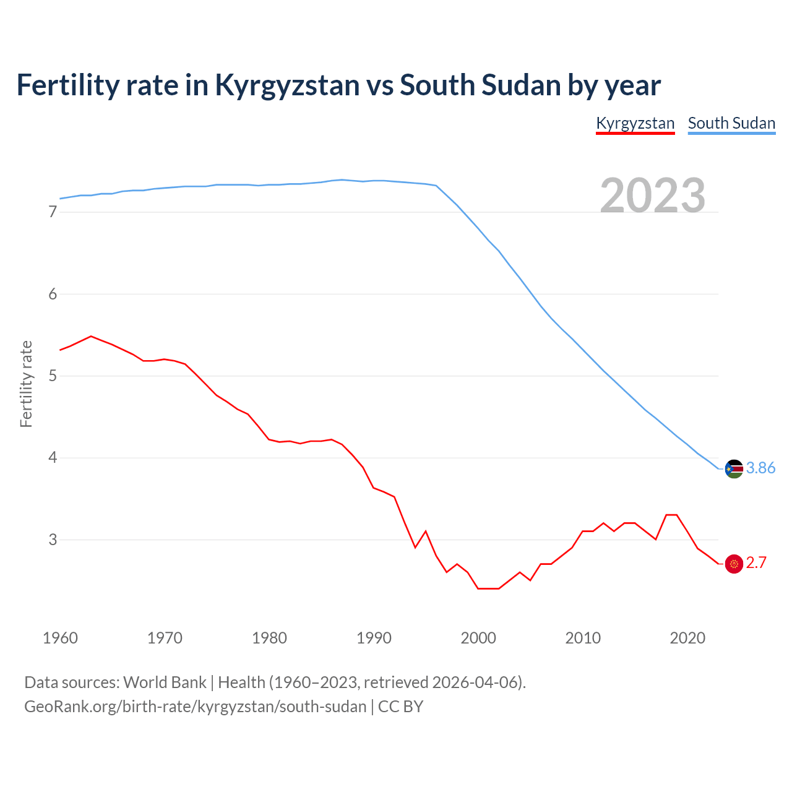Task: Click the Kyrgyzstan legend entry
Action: (635, 123)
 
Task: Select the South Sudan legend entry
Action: (731, 123)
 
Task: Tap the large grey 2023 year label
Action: (653, 196)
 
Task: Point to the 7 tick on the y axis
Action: (53, 212)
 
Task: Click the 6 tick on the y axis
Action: (53, 294)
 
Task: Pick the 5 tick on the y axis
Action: (53, 376)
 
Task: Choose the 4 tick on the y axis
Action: (53, 458)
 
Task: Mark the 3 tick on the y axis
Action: (53, 540)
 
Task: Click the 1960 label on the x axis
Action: (60, 638)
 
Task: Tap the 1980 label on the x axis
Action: (269, 638)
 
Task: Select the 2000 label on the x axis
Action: (478, 638)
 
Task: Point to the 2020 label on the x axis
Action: (687, 638)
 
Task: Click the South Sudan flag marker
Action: (734, 469)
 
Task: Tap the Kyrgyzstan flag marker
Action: (734, 564)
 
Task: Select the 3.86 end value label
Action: (760, 468)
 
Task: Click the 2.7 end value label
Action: (756, 563)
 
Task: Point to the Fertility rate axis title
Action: (26, 384)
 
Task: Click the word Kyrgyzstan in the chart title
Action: (287, 85)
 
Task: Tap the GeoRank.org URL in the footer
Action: (195, 707)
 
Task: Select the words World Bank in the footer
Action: (165, 682)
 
